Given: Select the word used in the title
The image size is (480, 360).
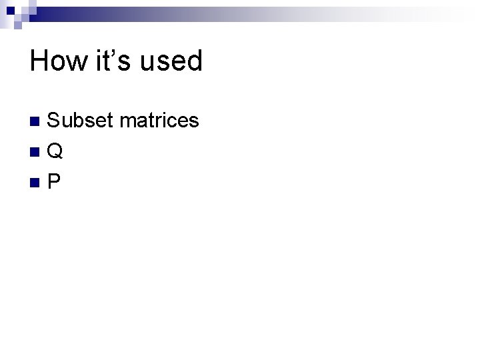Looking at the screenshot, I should [171, 61].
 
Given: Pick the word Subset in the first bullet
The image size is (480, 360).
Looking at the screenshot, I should [81, 121].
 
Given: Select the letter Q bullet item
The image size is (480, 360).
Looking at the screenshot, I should [55, 152].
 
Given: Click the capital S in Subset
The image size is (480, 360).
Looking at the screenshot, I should [54, 121].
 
